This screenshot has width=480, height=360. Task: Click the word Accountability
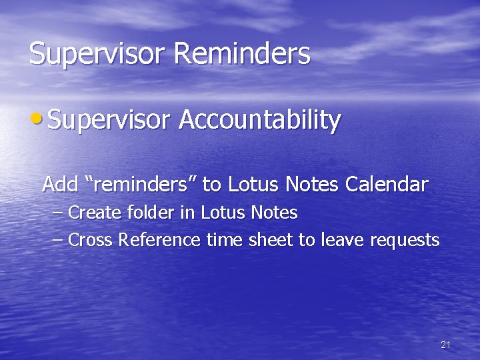point(260,121)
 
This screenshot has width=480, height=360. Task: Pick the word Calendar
point(387,184)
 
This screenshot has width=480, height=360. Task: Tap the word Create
point(93,213)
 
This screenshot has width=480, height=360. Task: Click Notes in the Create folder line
point(275,213)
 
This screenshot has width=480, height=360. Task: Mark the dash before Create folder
point(58,214)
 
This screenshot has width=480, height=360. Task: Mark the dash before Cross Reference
point(58,240)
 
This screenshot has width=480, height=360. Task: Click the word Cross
point(91,240)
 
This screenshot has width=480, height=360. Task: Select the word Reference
point(159,240)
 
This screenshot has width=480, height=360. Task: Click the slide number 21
point(446,345)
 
